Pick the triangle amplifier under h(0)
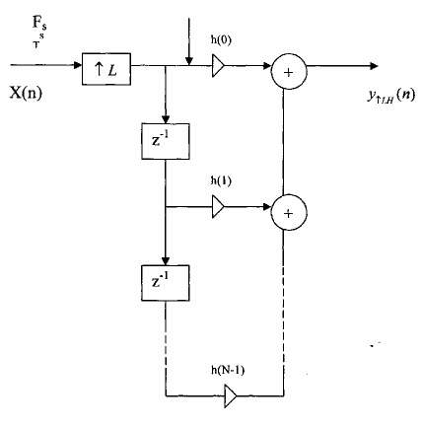pos(218,67)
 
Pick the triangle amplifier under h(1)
pos(218,208)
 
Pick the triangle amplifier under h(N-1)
pos(231,396)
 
